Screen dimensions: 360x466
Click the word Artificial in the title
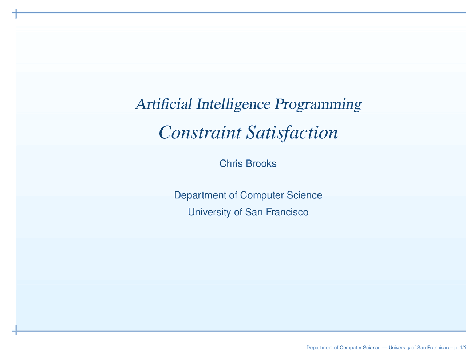[x=164, y=104]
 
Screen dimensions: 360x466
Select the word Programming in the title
[x=318, y=105]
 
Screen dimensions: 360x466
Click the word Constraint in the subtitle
[x=200, y=132]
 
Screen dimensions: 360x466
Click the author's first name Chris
[x=231, y=164]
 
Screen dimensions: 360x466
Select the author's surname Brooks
[x=261, y=164]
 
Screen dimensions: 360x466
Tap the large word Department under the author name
[x=200, y=195]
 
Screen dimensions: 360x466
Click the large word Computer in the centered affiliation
[x=262, y=195]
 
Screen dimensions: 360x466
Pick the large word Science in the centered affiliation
[x=305, y=195]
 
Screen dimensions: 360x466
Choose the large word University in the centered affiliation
[x=210, y=212]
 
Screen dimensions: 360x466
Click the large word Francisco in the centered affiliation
[x=287, y=212]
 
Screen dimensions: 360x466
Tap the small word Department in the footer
[x=319, y=348]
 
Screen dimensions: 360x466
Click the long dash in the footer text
[x=385, y=348]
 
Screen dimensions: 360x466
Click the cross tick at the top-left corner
[x=16, y=14]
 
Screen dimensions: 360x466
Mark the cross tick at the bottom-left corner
[x=16, y=331]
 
